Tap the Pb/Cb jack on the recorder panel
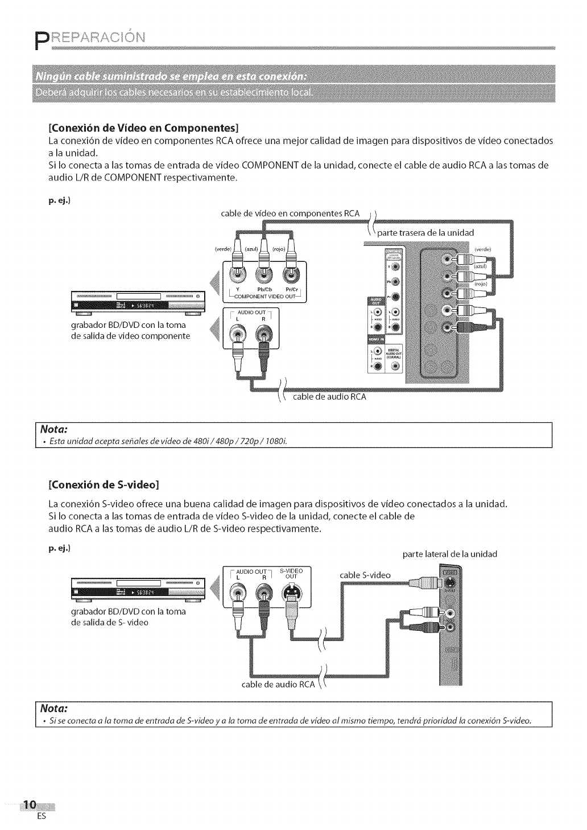pos(264,276)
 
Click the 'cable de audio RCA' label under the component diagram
pos(329,397)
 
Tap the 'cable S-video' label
pos(365,575)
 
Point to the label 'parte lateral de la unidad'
pos(449,554)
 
